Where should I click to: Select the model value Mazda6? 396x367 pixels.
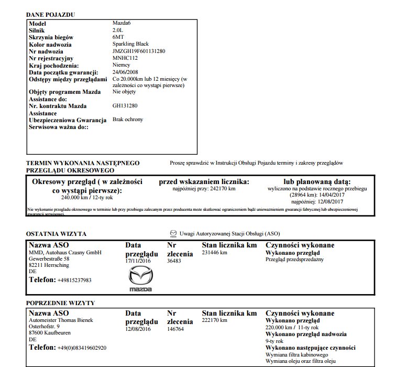point(122,24)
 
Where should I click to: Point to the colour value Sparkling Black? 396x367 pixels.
point(131,44)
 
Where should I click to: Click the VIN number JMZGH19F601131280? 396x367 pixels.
point(139,51)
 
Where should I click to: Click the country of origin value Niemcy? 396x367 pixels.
point(122,64)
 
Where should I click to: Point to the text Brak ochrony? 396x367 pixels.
point(128,119)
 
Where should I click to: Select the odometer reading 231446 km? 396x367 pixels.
point(215,252)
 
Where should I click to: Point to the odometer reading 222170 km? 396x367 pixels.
point(215,320)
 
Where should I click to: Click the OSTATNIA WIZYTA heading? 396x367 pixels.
point(56,234)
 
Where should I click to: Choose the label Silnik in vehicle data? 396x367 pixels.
point(38,30)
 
